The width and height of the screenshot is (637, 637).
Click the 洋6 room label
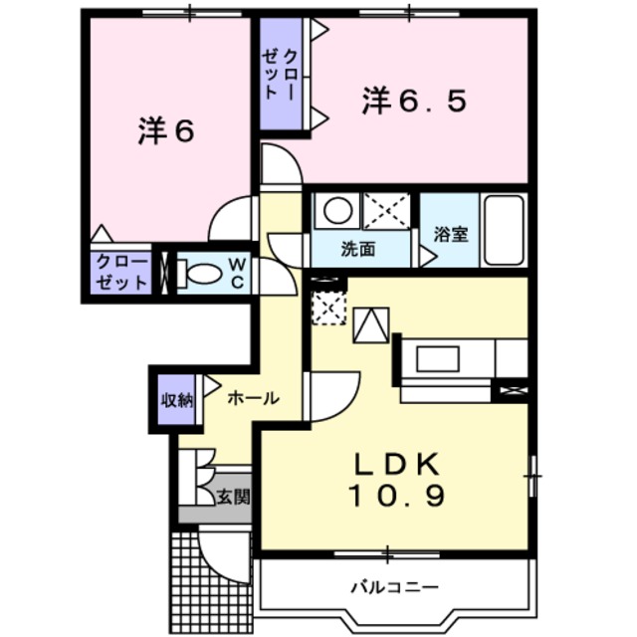(164, 133)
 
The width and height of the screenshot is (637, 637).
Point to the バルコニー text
(394, 586)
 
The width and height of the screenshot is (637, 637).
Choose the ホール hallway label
(253, 398)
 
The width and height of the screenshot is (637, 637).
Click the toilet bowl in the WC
(203, 272)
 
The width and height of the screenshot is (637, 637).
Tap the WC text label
(240, 272)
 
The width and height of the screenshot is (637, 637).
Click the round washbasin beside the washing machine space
(337, 211)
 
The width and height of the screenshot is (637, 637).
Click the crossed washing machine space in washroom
(385, 211)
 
